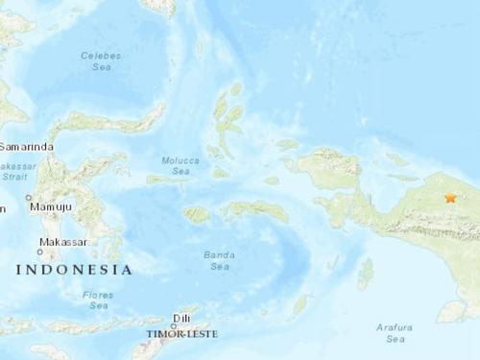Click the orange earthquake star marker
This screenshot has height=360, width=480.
click(450, 199)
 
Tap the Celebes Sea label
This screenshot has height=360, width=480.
click(101, 61)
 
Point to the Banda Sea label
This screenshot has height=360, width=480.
click(220, 260)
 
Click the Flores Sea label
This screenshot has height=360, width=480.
click(99, 300)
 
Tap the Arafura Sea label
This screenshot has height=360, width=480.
click(396, 333)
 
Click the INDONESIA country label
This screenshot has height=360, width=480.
click(74, 271)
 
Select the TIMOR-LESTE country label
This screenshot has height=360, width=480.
click(181, 334)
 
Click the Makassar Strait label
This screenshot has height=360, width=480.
click(17, 171)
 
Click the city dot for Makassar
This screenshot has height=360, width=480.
click(40, 252)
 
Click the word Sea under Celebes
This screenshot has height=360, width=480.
click(101, 67)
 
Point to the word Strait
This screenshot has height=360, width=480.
click(14, 177)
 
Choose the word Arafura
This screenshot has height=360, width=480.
click(396, 328)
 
